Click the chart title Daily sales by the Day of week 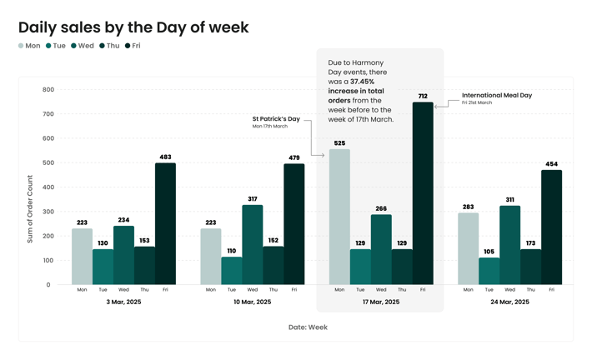click(x=133, y=27)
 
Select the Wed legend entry click(x=83, y=46)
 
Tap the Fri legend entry click(x=133, y=46)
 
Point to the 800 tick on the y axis click(x=48, y=90)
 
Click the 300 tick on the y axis click(x=48, y=212)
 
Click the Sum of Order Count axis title click(x=30, y=209)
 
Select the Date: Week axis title click(x=308, y=327)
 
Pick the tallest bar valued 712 click(x=423, y=193)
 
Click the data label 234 click(x=123, y=220)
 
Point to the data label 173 click(x=530, y=243)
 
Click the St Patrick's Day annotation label click(x=276, y=119)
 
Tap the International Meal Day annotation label click(x=497, y=96)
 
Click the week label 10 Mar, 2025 click(x=252, y=302)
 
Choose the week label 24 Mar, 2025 click(x=509, y=302)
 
